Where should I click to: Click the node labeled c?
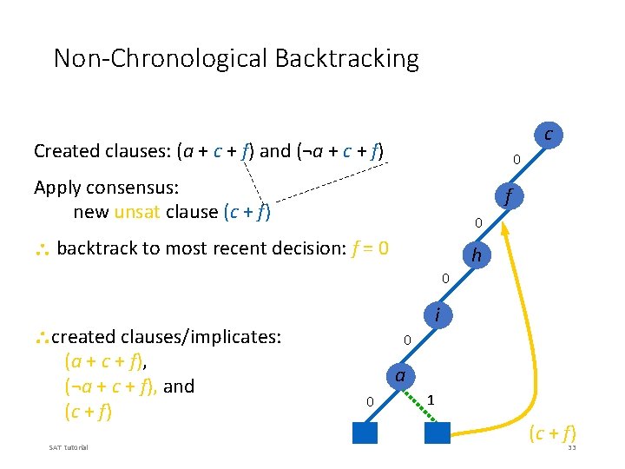[x=548, y=134]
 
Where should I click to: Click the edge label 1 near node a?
[x=431, y=400]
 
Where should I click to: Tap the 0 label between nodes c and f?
[x=516, y=161]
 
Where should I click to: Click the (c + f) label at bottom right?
[x=551, y=433]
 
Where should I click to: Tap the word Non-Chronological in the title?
[x=161, y=58]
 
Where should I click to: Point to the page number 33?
[x=571, y=447]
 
